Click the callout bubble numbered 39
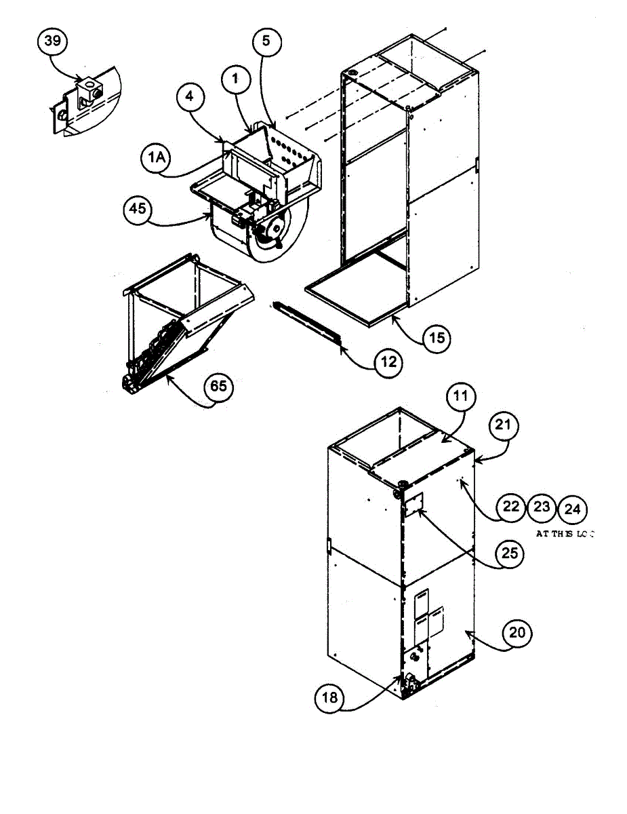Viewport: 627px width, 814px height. [52, 41]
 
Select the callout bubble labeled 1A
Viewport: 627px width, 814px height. [157, 157]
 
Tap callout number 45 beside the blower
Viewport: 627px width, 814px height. [138, 209]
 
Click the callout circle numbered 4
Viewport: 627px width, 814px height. [190, 97]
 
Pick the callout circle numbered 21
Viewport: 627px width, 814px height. [502, 426]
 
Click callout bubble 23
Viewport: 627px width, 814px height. [542, 507]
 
